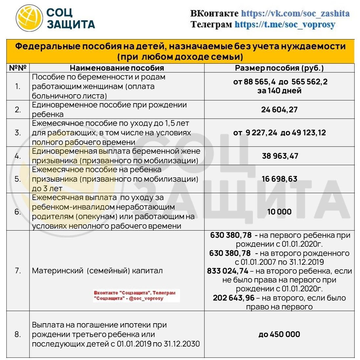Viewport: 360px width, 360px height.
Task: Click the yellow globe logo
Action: [x=30, y=18]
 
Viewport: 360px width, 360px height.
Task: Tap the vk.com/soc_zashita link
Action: [x=295, y=13]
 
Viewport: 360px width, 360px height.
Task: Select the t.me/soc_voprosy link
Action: [x=285, y=24]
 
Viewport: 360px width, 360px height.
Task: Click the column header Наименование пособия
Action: [x=117, y=68]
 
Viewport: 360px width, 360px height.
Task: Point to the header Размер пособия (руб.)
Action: [x=279, y=68]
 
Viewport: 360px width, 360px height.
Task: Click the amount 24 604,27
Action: [x=279, y=109]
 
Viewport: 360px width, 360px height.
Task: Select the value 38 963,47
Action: [x=280, y=156]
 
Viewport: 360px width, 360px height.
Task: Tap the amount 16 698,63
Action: [x=279, y=179]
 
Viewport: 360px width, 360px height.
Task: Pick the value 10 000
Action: [x=279, y=212]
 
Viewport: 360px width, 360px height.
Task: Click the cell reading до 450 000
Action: [x=279, y=334]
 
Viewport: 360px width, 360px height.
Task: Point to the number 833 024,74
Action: [x=228, y=271]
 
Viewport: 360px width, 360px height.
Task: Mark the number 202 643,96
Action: [x=234, y=298]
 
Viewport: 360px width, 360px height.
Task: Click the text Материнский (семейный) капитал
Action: [x=97, y=271]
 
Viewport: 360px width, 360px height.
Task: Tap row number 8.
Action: [x=18, y=334]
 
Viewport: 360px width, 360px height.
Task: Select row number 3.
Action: [x=18, y=133]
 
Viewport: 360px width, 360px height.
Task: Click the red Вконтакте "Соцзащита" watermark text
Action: [x=135, y=295]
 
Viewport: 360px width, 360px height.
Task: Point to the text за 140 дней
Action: [x=279, y=91]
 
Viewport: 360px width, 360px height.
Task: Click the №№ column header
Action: [x=18, y=68]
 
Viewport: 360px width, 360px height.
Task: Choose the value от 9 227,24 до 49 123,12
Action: [x=279, y=133]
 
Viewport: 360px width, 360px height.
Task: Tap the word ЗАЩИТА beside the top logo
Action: [x=71, y=24]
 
